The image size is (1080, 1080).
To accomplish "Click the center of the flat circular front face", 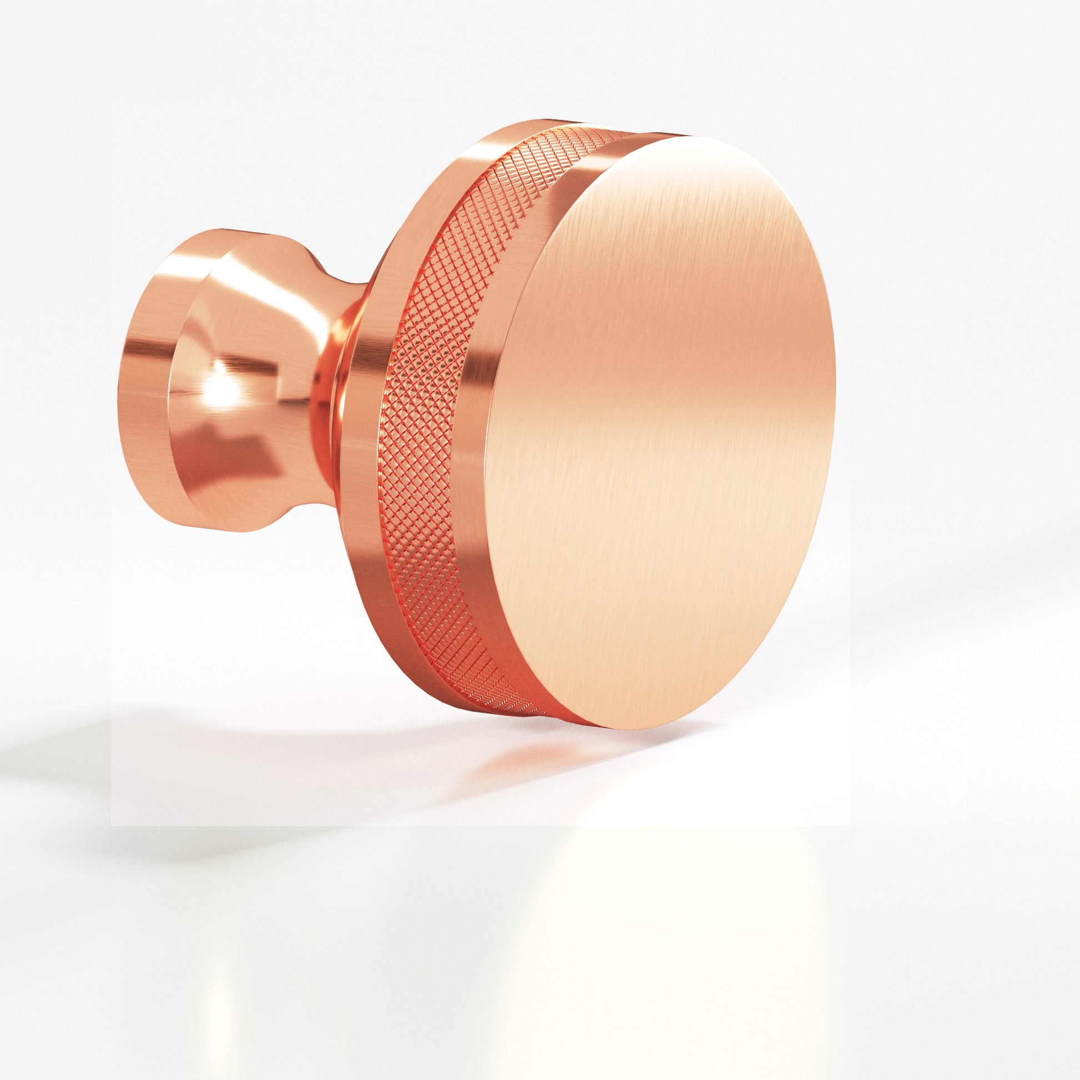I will [x=660, y=431].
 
